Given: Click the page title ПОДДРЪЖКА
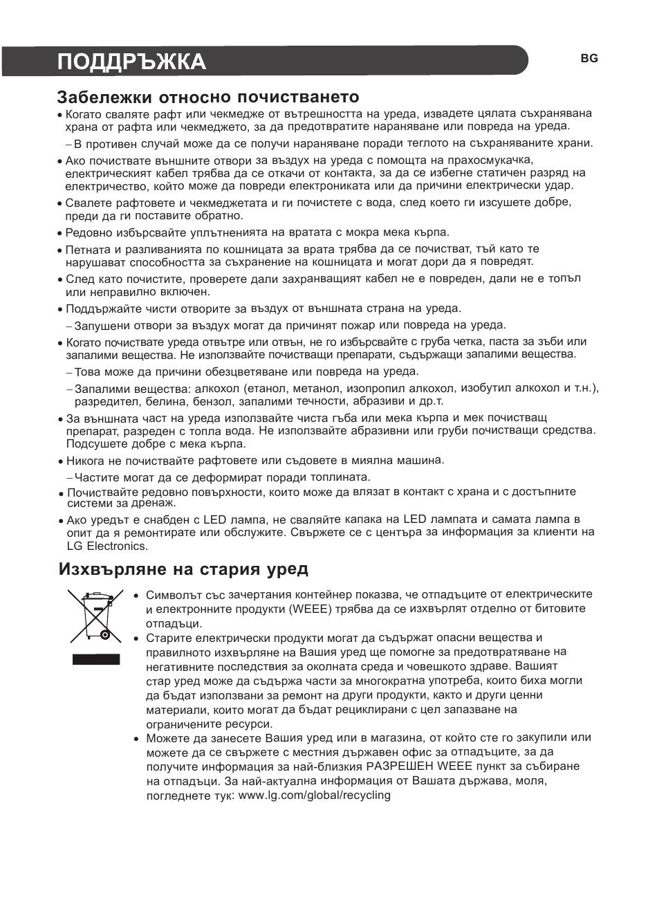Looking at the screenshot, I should click(131, 62).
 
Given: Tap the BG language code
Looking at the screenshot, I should click(589, 59).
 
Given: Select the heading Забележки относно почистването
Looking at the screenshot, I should click(208, 97).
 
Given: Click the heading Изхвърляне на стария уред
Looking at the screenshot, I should click(183, 569).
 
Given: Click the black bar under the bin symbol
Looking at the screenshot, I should click(96, 659).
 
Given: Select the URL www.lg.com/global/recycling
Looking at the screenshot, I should click(314, 795).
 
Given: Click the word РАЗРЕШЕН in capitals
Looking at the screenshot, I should click(399, 766).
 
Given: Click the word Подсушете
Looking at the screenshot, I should click(93, 444).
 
